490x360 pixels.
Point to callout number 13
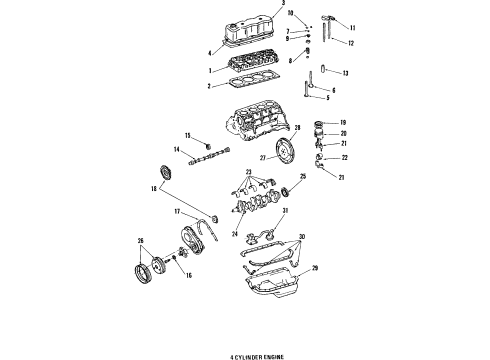[x=345, y=74]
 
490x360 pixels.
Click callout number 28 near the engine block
[x=296, y=127]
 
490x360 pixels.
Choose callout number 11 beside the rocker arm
[x=352, y=27]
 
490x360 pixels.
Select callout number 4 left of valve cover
[x=209, y=51]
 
